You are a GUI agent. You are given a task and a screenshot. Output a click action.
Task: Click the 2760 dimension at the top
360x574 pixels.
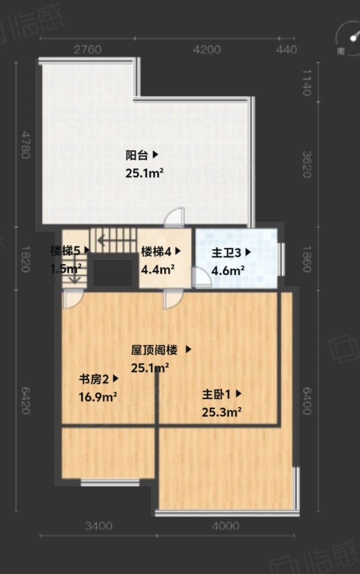(x=88, y=49)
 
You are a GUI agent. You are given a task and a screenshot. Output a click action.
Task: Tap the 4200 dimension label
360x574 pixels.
(x=207, y=49)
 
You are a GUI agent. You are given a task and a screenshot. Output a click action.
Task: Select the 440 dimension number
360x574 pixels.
(x=286, y=49)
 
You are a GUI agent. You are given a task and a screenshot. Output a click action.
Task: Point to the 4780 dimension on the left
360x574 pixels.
(x=25, y=145)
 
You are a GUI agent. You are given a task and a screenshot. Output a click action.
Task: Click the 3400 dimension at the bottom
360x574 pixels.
(x=98, y=526)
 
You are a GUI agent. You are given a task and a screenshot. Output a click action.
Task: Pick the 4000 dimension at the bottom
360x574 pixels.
(x=226, y=526)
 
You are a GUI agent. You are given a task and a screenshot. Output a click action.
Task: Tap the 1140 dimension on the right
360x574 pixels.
(x=307, y=83)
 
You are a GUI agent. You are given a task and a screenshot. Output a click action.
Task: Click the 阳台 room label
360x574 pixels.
(x=137, y=155)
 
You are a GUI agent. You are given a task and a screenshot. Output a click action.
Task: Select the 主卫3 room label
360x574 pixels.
(x=226, y=252)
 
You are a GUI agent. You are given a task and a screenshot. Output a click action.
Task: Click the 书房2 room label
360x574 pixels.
(x=94, y=379)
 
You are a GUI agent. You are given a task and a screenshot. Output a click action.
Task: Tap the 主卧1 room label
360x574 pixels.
(x=217, y=394)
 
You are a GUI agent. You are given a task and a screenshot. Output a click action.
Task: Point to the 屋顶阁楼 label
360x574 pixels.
(x=154, y=350)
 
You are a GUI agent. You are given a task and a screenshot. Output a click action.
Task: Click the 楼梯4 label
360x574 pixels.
(x=156, y=251)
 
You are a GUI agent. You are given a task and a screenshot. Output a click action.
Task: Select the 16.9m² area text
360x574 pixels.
(x=98, y=396)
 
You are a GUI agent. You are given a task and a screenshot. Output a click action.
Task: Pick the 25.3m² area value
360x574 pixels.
(x=221, y=412)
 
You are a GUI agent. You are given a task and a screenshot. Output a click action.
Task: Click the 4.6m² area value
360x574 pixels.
(x=228, y=270)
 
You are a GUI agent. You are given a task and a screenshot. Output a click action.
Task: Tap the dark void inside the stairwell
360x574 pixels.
(x=112, y=273)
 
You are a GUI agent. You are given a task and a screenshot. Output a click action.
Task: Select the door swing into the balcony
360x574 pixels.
(x=174, y=217)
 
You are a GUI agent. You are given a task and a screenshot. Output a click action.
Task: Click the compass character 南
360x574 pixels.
(x=341, y=51)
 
